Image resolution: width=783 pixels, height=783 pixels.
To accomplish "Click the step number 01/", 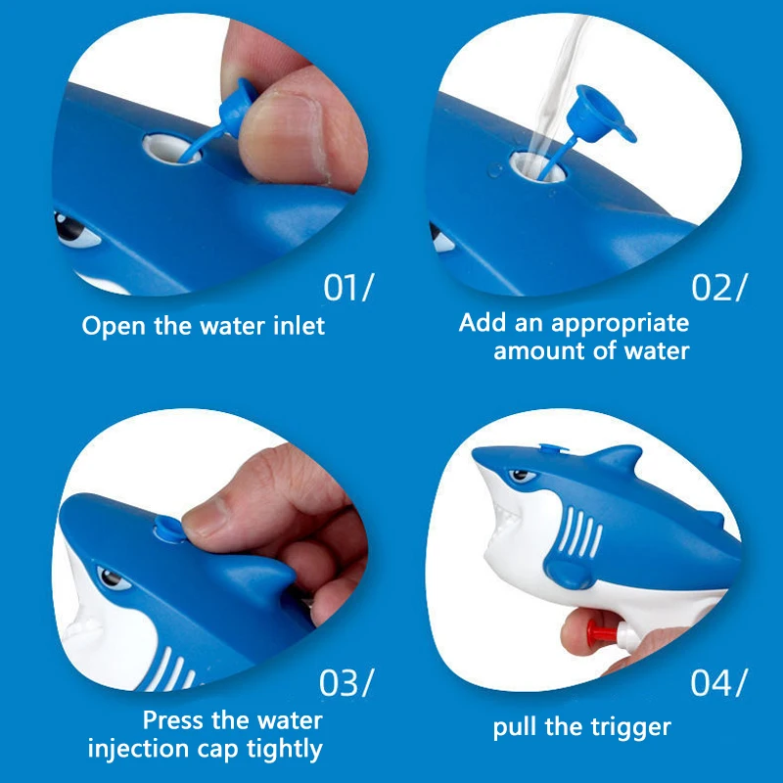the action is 347,287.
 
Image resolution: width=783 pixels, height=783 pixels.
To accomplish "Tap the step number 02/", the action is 719,287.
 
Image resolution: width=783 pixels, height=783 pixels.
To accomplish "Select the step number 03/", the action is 346,682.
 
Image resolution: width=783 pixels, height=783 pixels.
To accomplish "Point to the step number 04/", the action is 718,682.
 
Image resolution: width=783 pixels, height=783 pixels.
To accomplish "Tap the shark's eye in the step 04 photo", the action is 521,475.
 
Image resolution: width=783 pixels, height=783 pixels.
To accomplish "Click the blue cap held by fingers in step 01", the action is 237,107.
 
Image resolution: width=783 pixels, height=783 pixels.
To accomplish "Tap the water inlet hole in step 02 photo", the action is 537,166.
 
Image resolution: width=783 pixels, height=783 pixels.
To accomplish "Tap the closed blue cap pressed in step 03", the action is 168,530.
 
